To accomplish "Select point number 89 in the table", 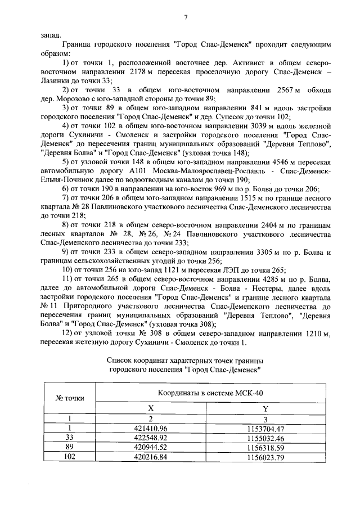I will point(69,447).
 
